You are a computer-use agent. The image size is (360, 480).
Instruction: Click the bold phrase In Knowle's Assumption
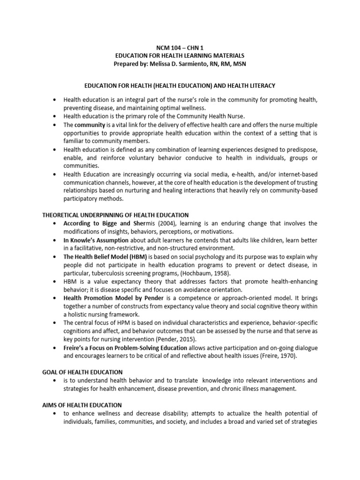(96, 240)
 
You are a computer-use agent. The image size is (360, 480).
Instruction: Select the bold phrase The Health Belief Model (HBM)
(105, 256)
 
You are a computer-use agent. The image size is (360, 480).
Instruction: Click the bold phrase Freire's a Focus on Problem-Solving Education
(126, 347)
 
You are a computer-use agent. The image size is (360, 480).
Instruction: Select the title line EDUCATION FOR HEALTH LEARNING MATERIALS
(180, 56)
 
